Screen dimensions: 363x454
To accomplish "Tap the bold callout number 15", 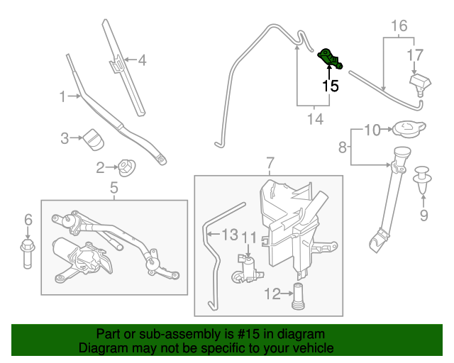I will click(x=331, y=86).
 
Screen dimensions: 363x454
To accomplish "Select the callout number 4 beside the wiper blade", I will click(x=142, y=60).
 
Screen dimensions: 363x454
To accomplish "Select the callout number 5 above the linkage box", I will click(x=113, y=188).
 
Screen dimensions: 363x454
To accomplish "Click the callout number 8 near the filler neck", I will click(x=343, y=147).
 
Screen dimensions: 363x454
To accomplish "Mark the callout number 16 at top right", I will click(x=399, y=27).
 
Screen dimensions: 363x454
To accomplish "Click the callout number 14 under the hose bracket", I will click(x=314, y=119).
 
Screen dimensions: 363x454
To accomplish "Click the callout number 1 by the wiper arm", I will click(x=62, y=96).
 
